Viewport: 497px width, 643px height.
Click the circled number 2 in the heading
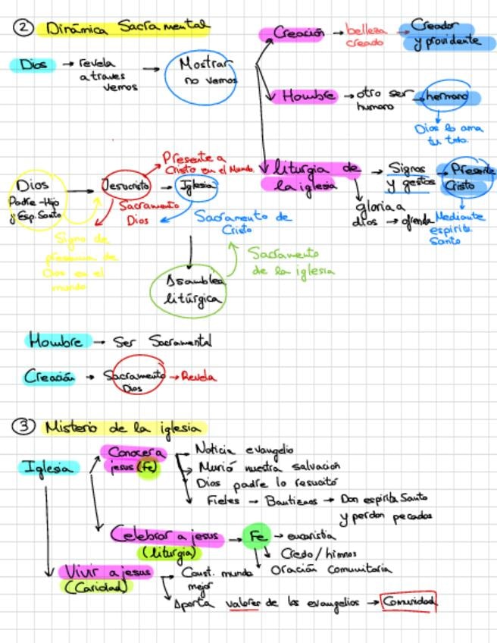[x=24, y=28]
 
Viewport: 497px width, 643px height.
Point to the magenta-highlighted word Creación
[x=298, y=34]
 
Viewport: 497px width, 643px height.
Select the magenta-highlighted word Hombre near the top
[x=308, y=96]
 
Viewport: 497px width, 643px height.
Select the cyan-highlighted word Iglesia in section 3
[x=48, y=468]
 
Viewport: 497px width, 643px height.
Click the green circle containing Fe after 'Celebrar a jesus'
[x=256, y=536]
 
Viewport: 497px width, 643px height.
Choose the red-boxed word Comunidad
[x=409, y=602]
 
